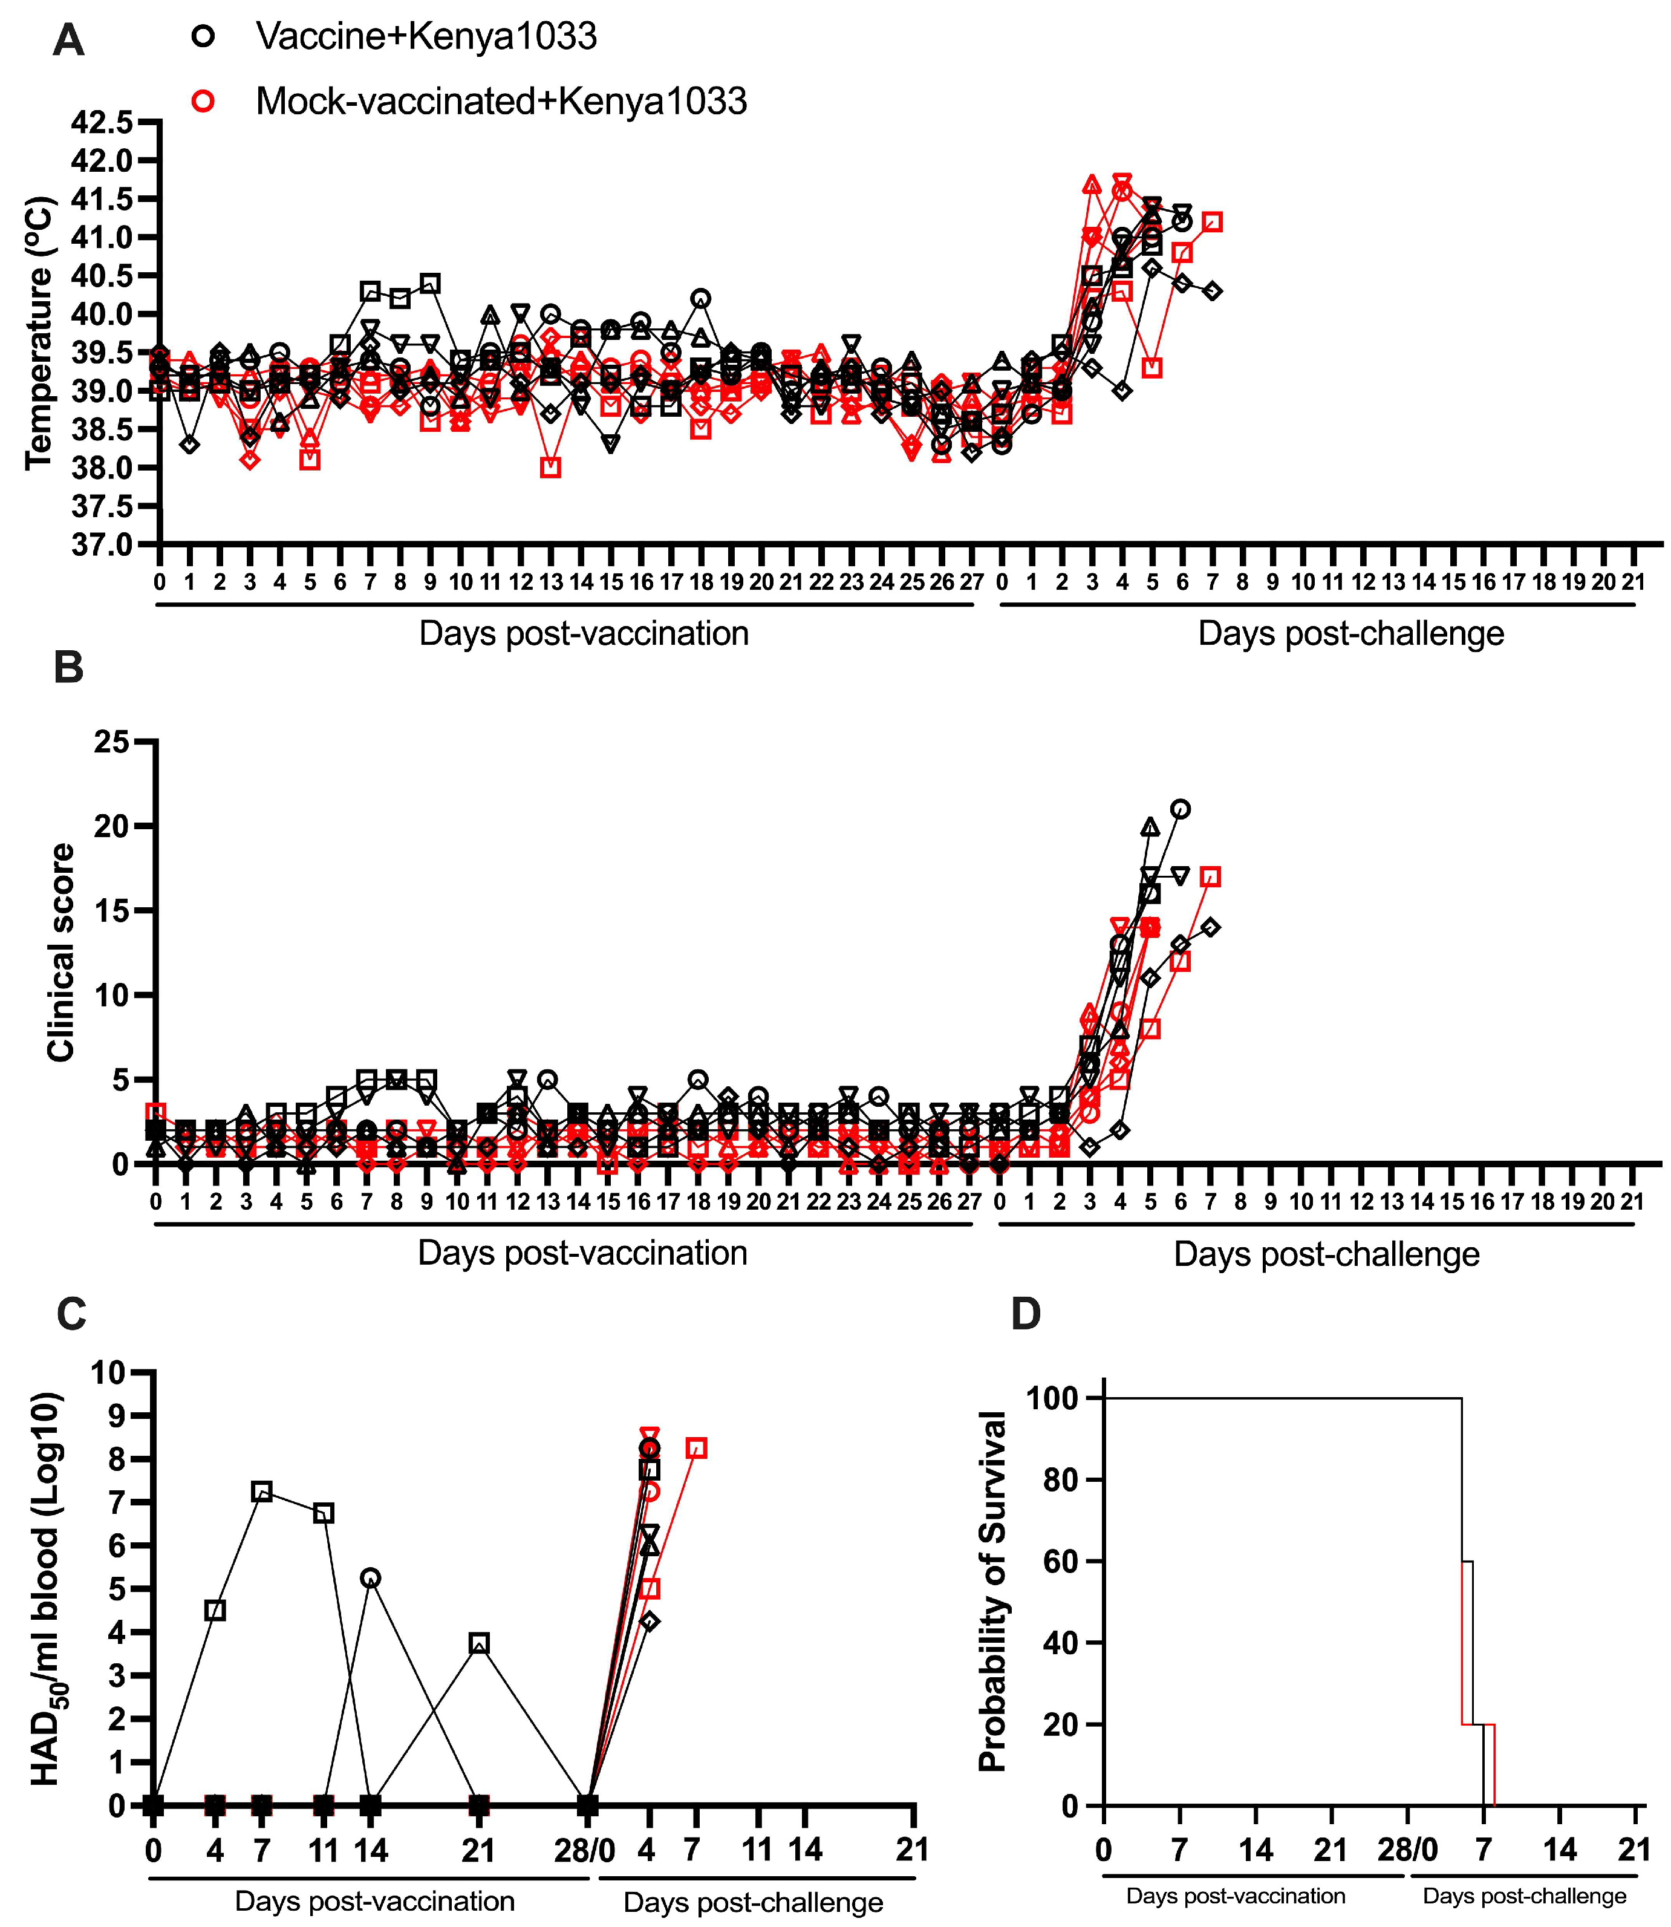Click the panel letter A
pos(68,41)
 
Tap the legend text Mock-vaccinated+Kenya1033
pos(501,101)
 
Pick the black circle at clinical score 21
pos(1181,809)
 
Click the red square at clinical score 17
pos(1210,877)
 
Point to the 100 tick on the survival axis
pos(1052,1398)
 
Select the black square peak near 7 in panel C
pos(262,1492)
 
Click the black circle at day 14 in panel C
pos(370,1577)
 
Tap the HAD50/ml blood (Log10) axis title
pos(47,1588)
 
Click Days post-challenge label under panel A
pos(1350,633)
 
